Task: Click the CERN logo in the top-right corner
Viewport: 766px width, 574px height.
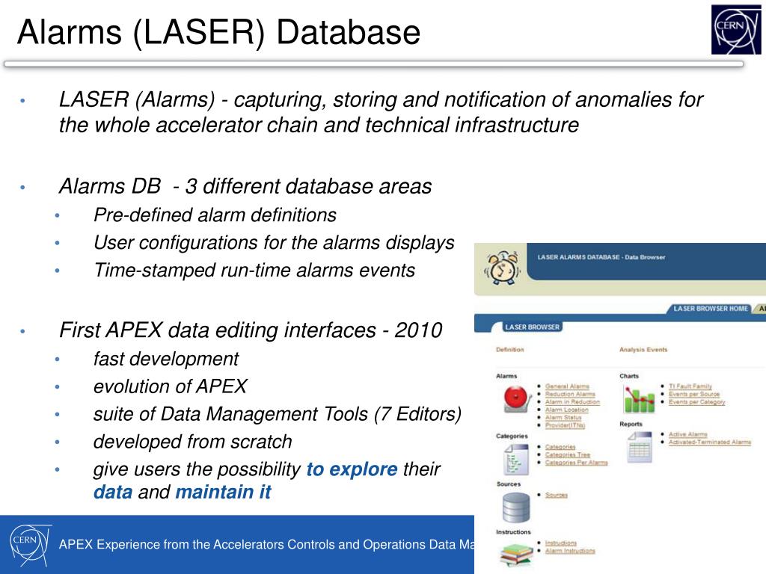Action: (736, 29)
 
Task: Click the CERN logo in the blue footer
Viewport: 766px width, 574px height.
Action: (31, 544)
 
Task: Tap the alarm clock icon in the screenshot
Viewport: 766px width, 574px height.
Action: (503, 266)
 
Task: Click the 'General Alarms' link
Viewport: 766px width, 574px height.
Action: (567, 386)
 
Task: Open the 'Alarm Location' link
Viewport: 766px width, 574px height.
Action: (566, 410)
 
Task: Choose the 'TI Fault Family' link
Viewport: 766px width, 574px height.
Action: (690, 386)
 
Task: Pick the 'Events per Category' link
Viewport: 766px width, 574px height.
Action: (696, 402)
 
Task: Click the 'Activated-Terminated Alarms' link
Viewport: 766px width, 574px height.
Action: (709, 442)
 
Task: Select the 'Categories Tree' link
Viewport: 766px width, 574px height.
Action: (567, 454)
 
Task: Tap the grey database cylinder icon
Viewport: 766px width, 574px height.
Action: (515, 509)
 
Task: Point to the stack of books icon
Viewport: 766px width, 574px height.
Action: (515, 555)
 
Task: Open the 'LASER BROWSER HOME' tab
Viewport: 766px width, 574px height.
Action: (710, 308)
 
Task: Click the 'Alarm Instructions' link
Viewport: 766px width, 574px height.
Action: (570, 551)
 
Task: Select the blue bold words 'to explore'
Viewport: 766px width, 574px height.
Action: (352, 469)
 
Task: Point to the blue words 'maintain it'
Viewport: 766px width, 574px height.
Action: (223, 493)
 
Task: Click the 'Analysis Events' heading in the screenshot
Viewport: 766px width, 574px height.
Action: (643, 349)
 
